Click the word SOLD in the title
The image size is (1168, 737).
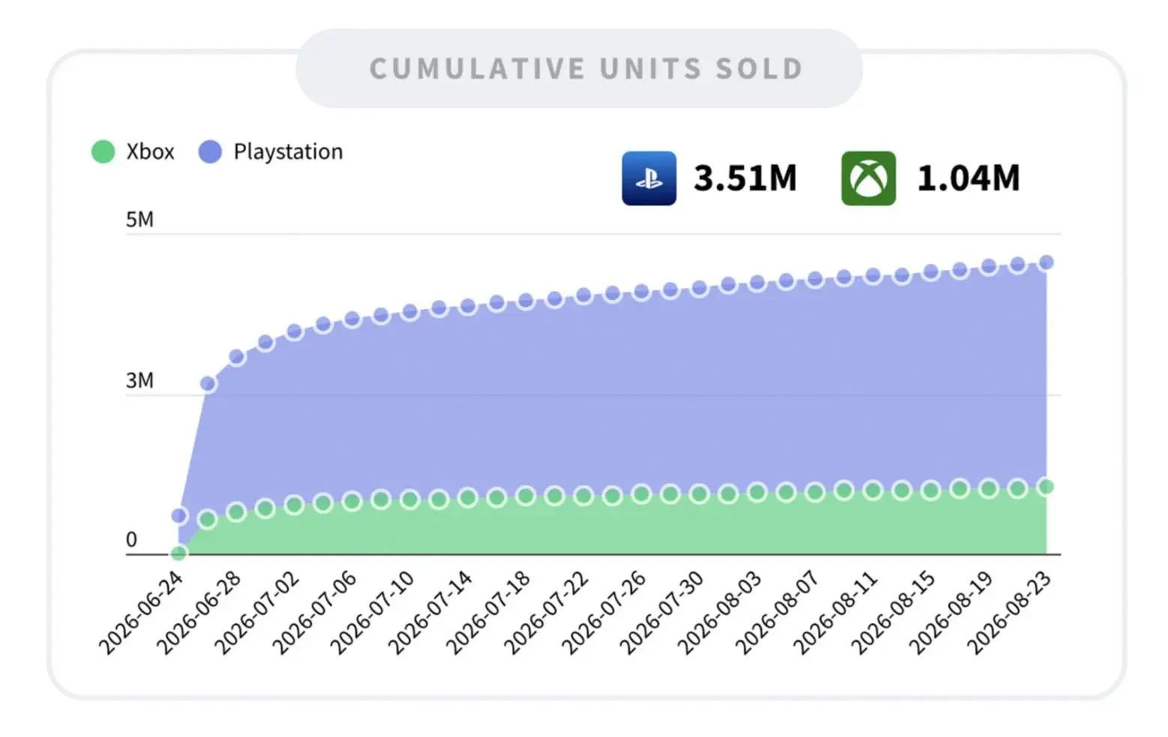(759, 69)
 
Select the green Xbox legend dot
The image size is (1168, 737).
(103, 151)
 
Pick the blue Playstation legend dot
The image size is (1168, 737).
(210, 151)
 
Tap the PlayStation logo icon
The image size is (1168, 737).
(648, 178)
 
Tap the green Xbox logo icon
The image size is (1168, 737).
(868, 178)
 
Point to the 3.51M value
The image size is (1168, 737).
(745, 178)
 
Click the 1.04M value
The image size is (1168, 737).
(969, 178)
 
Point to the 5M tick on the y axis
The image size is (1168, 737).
(139, 220)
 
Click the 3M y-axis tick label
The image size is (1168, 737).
(139, 381)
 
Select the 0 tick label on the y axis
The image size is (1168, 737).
(131, 539)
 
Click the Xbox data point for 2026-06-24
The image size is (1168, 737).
(178, 553)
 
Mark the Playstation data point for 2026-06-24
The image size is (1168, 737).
(179, 515)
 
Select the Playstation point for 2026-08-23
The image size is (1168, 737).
(1046, 262)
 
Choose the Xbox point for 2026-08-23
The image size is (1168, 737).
(1046, 487)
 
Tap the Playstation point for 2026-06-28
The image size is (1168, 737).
(237, 357)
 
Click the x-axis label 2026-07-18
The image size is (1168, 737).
(487, 613)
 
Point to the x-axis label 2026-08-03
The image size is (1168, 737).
(719, 613)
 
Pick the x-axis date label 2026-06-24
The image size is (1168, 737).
(140, 613)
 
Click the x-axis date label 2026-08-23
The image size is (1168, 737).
(1008, 613)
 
